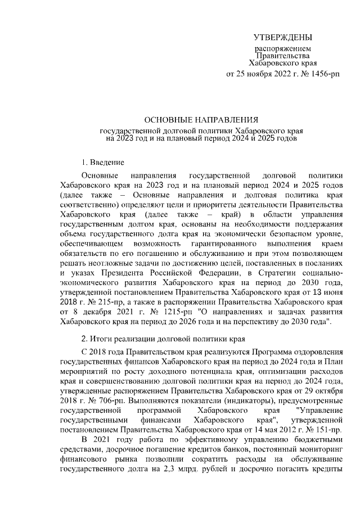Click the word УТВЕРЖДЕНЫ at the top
[282, 38]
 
